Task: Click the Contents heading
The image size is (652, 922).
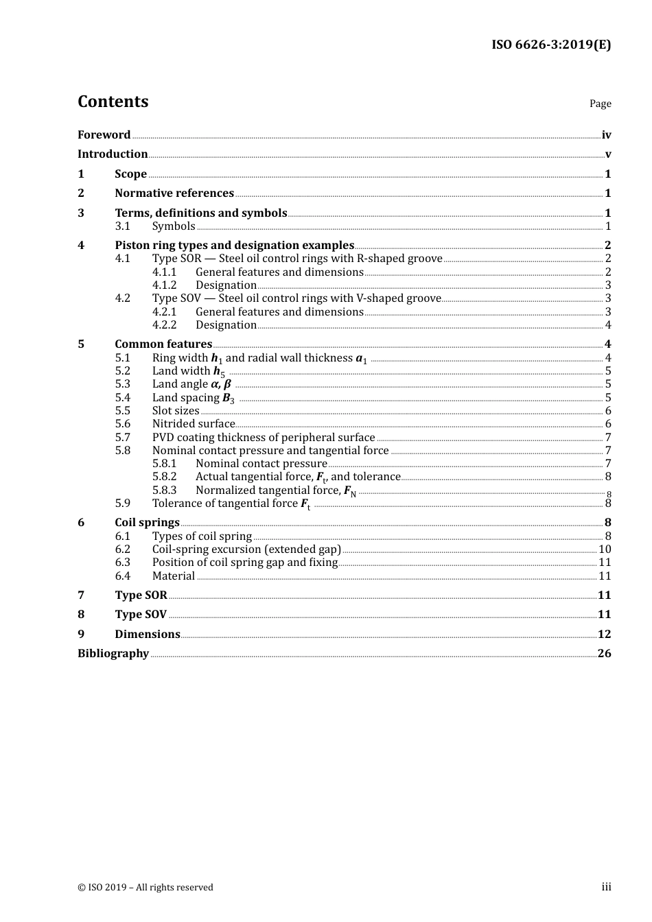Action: tap(113, 102)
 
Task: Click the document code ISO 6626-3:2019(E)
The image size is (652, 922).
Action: tap(550, 45)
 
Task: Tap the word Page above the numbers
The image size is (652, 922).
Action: tap(600, 104)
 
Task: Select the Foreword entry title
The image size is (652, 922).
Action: tap(104, 135)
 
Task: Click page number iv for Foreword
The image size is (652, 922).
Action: tap(606, 135)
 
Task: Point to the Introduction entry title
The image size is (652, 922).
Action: tap(113, 154)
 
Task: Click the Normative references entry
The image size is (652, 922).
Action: tap(174, 193)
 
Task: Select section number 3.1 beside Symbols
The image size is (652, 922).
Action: tap(122, 226)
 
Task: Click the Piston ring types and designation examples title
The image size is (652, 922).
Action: tap(234, 246)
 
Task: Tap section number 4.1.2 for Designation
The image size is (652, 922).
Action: tap(164, 285)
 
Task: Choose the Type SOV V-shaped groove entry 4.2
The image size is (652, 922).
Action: tap(296, 298)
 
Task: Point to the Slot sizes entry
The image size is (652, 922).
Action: tap(176, 411)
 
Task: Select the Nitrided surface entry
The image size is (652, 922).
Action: tap(193, 424)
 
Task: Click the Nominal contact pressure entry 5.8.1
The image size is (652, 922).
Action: tap(261, 464)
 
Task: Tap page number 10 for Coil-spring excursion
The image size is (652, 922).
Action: tap(605, 549)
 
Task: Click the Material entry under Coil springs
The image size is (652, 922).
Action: tap(174, 576)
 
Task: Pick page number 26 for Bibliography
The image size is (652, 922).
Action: tap(604, 654)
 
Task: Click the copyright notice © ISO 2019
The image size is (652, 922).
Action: tap(145, 888)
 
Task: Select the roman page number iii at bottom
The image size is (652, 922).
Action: tap(606, 887)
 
